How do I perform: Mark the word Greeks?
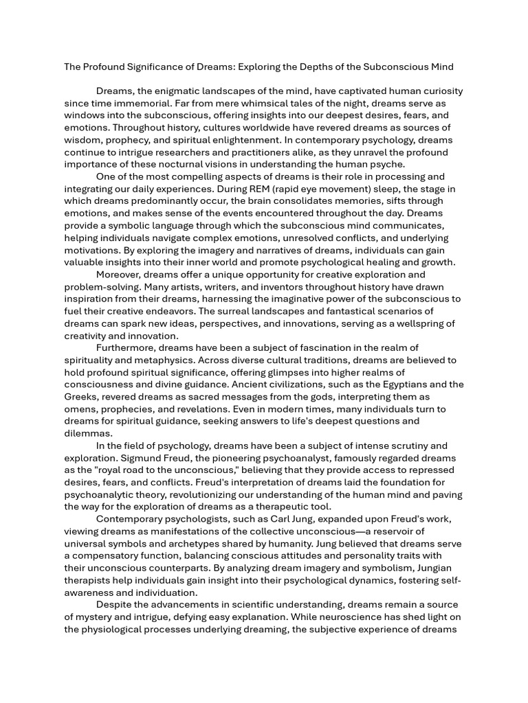(x=81, y=397)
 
